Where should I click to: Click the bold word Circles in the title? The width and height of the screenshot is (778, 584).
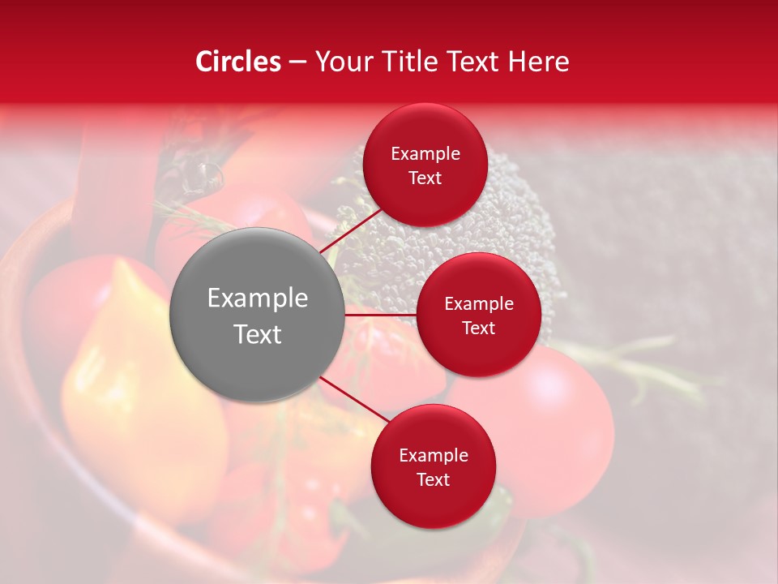coord(237,62)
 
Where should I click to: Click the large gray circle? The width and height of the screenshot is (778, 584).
coord(257,316)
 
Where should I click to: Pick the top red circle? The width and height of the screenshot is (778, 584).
coord(425,165)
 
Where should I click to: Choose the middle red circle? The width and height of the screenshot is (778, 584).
coord(478,315)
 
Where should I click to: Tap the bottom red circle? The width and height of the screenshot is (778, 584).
coord(433,466)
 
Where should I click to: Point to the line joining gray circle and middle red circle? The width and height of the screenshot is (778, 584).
coord(379,315)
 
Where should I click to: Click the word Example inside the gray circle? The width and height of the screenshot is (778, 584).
coord(258,298)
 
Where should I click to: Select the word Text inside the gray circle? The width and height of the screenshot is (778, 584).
coord(258,334)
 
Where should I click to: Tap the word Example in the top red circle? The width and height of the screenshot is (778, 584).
coord(425,154)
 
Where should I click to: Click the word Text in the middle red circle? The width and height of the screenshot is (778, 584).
coord(478,328)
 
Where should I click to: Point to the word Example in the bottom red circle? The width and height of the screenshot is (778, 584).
coord(434,456)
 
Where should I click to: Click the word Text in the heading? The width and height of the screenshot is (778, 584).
coord(472,62)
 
